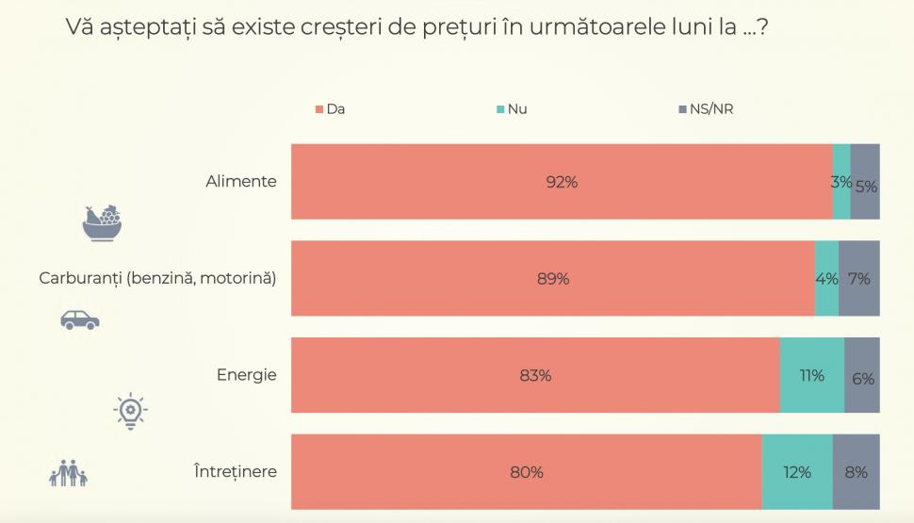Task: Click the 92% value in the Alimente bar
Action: point(562,183)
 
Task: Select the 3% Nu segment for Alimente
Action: point(841,182)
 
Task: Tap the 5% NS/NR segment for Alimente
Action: point(866,186)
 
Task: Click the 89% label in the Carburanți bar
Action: point(553,279)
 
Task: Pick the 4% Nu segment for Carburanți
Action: point(826,279)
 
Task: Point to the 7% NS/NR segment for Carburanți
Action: point(859,279)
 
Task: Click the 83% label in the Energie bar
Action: point(535,376)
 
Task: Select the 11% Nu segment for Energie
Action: point(811,376)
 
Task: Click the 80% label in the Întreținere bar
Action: point(527,472)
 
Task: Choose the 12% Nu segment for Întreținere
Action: point(797,472)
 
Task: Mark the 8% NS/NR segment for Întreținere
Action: point(857,472)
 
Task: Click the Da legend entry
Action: point(331,109)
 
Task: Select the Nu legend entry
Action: point(511,109)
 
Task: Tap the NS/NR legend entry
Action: point(705,109)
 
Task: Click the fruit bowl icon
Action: point(103,223)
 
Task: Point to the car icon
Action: point(80,319)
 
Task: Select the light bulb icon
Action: point(130,411)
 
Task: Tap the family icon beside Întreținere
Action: point(68,474)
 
